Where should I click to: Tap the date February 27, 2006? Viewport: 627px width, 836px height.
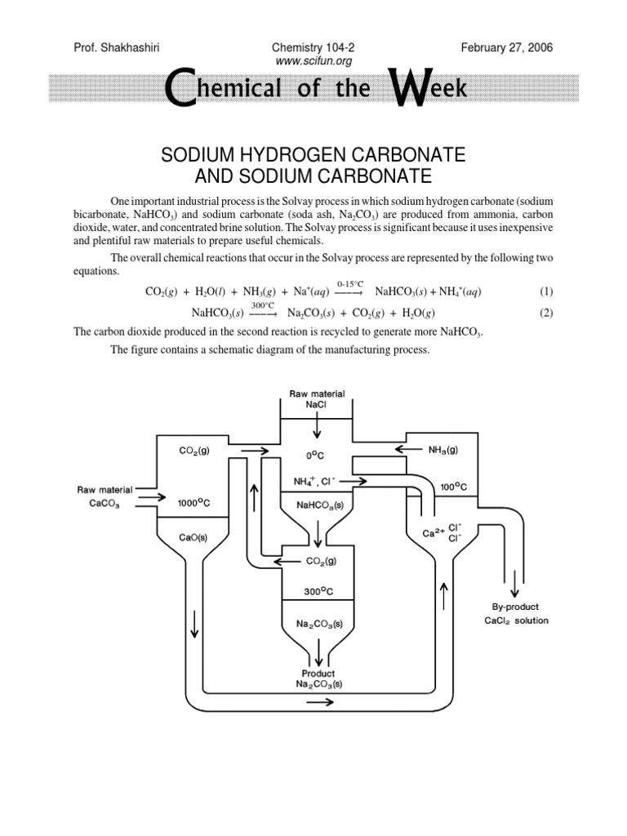(506, 48)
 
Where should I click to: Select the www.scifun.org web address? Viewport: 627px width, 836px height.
(314, 60)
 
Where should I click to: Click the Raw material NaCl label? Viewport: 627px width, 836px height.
(318, 398)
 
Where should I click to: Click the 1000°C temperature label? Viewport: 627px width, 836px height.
(193, 503)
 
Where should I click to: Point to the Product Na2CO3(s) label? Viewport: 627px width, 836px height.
(318, 678)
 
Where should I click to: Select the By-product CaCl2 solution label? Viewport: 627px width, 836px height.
(514, 614)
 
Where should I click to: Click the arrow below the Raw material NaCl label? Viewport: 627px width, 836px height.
(318, 428)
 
